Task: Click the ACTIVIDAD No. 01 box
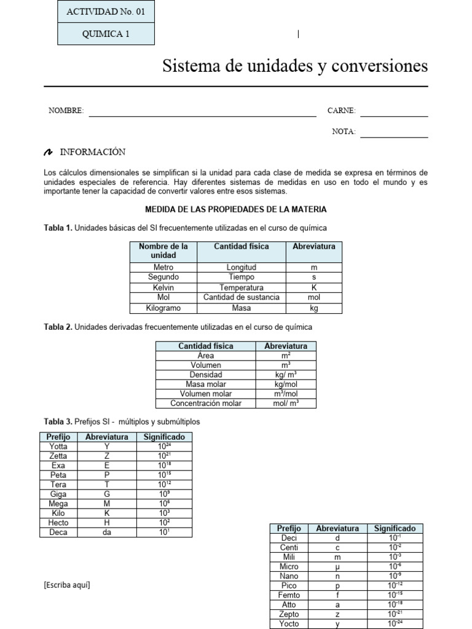(x=106, y=12)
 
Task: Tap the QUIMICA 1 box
(x=106, y=34)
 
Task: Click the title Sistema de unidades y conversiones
(x=295, y=66)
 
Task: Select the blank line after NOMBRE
(x=202, y=112)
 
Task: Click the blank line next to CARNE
(x=394, y=112)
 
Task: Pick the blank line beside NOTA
(x=394, y=133)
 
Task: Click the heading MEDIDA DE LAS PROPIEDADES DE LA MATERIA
(x=235, y=209)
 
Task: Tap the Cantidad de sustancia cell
(x=241, y=297)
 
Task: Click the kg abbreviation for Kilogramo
(x=313, y=308)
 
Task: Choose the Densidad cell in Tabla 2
(x=206, y=375)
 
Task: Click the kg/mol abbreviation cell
(x=286, y=384)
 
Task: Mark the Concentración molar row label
(x=206, y=404)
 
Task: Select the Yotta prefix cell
(x=58, y=447)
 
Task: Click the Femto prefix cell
(x=289, y=595)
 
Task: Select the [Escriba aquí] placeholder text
(x=67, y=585)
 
